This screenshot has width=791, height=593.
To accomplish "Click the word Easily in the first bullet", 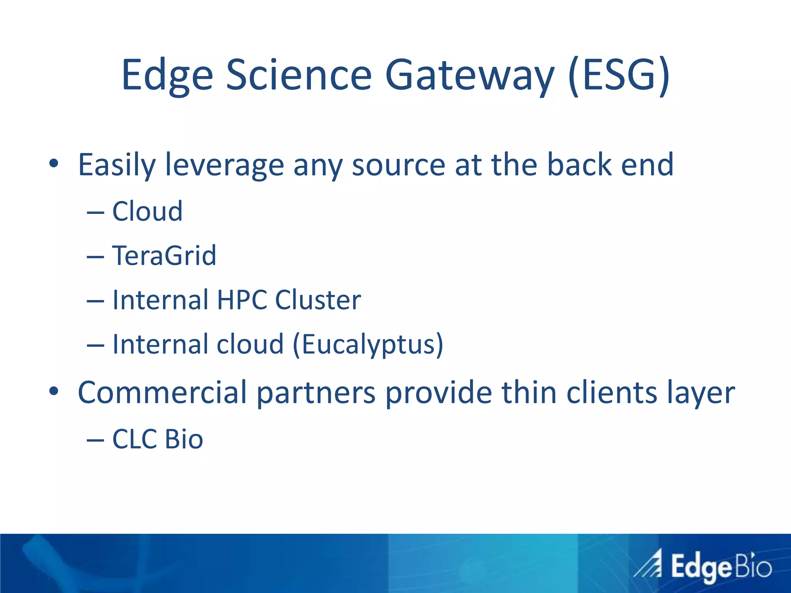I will coord(116,165).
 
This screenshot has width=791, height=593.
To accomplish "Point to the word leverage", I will coord(224,165).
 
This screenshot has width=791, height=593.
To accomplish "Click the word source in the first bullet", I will coord(398,165).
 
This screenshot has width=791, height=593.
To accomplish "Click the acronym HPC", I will coord(242,300).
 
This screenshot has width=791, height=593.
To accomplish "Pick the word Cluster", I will coord(318,300).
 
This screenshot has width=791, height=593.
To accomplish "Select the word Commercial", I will coord(162,393).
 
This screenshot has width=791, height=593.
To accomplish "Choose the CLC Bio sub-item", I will coord(157,439).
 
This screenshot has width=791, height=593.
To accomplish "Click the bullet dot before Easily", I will coord(54,164).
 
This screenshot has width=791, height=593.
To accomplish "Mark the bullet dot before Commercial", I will coord(54,391).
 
